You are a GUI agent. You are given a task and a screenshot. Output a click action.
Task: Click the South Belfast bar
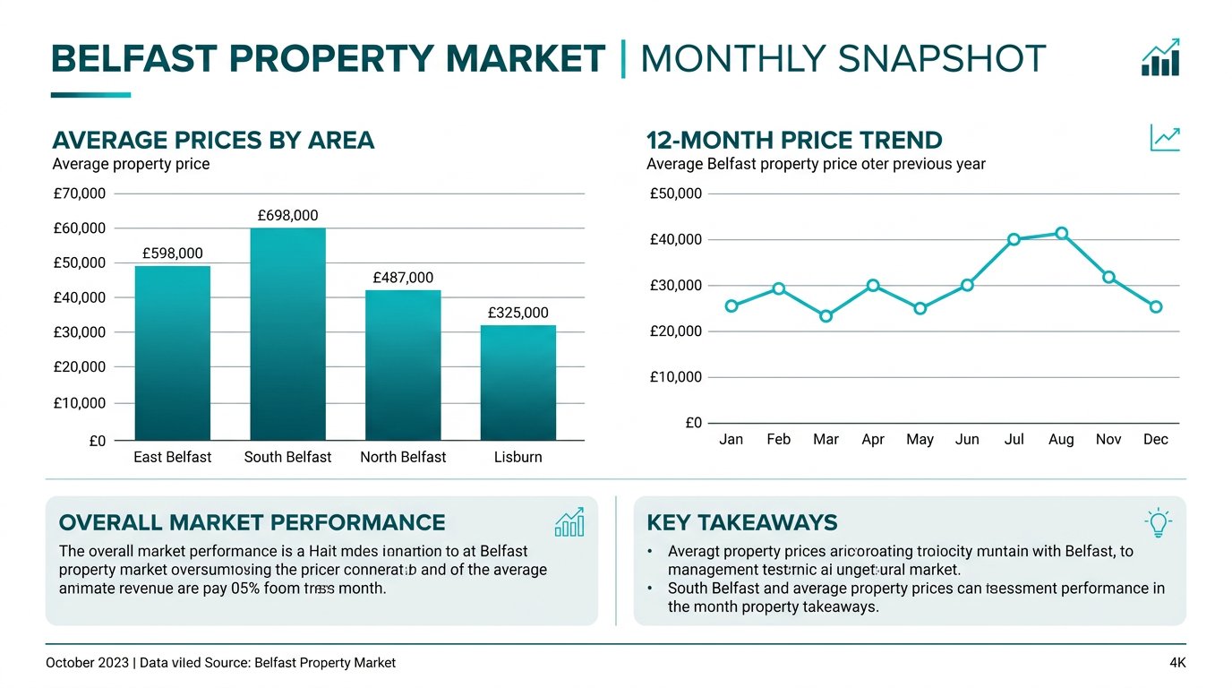(x=287, y=333)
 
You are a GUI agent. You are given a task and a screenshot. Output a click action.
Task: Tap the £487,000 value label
(x=403, y=278)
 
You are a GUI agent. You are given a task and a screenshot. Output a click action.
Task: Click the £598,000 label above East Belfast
(x=173, y=254)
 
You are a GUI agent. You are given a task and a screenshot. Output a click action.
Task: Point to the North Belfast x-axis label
(x=403, y=457)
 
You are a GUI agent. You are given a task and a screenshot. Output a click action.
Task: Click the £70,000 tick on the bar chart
(x=80, y=193)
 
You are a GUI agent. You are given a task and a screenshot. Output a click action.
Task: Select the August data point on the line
(x=1061, y=233)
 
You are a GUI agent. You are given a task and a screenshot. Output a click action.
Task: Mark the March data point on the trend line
(x=826, y=316)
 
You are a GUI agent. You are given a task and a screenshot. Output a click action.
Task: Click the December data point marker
(x=1156, y=306)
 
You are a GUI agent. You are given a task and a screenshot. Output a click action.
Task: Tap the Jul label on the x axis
(x=1014, y=439)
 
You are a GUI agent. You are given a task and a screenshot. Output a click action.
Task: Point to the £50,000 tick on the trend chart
(x=676, y=193)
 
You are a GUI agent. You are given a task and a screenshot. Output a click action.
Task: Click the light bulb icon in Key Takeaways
(x=1158, y=522)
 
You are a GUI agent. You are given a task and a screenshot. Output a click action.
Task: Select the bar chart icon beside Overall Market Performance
(x=569, y=522)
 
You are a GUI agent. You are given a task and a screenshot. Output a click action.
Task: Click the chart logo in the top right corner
(x=1160, y=58)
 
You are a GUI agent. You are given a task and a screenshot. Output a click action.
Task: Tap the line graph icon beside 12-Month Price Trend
(x=1164, y=138)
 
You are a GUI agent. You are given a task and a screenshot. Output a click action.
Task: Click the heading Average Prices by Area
(x=213, y=141)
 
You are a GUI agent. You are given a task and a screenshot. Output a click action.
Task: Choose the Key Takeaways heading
(x=741, y=523)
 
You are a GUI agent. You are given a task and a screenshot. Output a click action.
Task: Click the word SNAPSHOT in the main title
(x=942, y=59)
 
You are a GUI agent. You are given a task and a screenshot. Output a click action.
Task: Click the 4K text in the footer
(x=1176, y=663)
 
